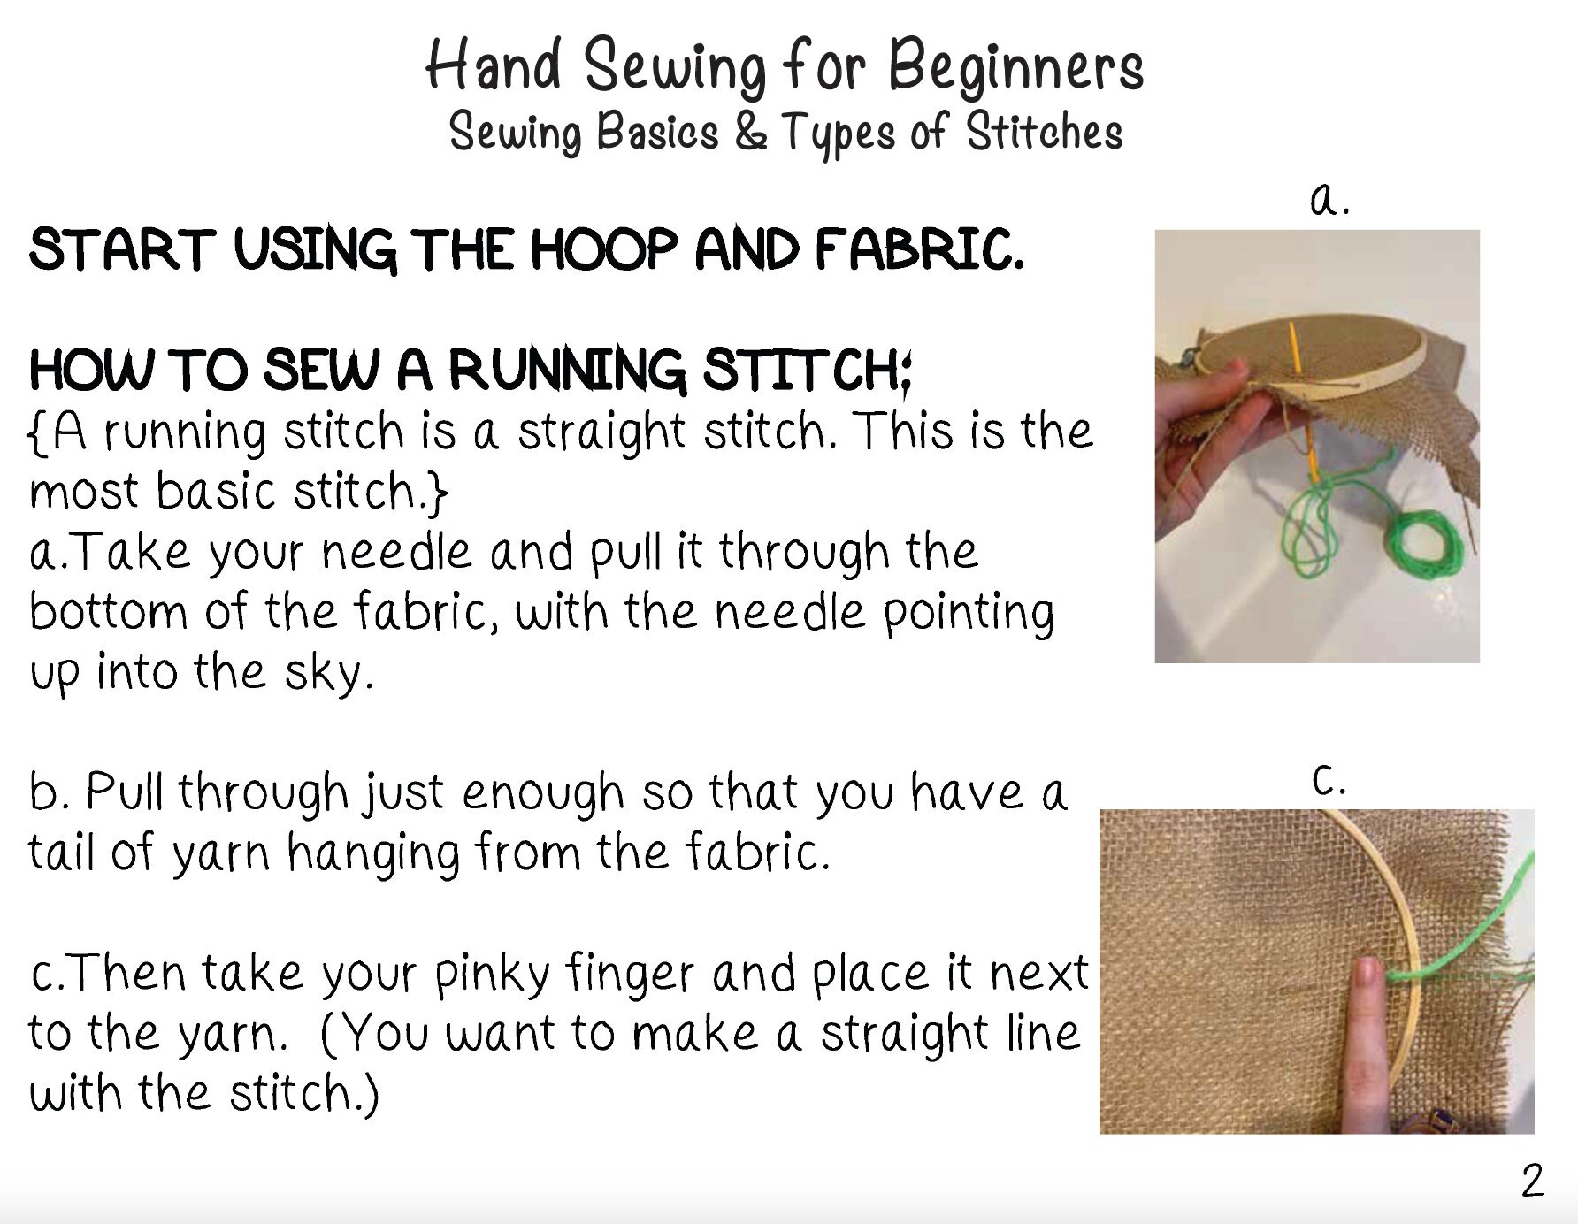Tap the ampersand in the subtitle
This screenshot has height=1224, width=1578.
[x=750, y=132]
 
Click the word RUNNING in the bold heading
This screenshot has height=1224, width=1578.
[x=566, y=370]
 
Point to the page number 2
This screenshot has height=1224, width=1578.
[x=1532, y=1182]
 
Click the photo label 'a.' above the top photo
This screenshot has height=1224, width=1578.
[x=1329, y=200]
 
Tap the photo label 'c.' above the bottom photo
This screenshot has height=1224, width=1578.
[x=1329, y=780]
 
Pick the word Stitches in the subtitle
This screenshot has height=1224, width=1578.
[x=1044, y=133]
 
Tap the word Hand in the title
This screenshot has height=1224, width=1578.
[x=493, y=65]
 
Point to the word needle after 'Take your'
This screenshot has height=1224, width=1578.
[x=396, y=552]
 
